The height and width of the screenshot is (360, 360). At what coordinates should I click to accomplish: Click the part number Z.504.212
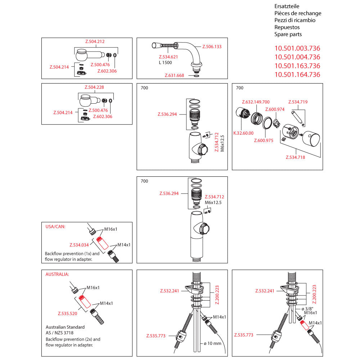coord(95,41)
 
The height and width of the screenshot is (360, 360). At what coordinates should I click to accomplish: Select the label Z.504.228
coord(95,87)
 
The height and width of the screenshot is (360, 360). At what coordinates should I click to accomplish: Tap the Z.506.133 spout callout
coord(212,47)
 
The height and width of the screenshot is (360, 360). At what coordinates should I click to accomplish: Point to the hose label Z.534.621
coord(168,57)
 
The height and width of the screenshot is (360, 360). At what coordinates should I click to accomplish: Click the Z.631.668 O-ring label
coord(174,76)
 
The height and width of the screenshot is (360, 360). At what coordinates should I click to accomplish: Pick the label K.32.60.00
coord(243,133)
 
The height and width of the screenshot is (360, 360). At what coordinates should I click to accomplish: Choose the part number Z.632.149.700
coord(256,102)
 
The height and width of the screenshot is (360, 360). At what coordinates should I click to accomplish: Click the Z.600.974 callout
coord(275,109)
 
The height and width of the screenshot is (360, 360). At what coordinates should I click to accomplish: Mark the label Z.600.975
coord(264,140)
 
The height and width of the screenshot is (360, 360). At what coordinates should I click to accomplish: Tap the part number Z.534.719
coord(298,102)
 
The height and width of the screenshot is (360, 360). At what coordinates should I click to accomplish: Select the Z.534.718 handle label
coord(295,157)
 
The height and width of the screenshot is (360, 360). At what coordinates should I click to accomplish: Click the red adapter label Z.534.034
coord(79,245)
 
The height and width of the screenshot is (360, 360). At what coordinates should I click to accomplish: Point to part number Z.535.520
coord(68,314)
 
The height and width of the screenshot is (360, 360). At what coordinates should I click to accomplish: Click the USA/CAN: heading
coord(55,227)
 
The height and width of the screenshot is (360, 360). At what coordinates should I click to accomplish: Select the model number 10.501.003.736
coord(297,48)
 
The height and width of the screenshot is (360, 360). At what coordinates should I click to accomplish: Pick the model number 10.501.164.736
coord(297,75)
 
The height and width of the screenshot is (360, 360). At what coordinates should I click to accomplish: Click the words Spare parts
coord(288,34)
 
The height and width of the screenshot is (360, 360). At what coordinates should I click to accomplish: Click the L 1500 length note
coord(166,63)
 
